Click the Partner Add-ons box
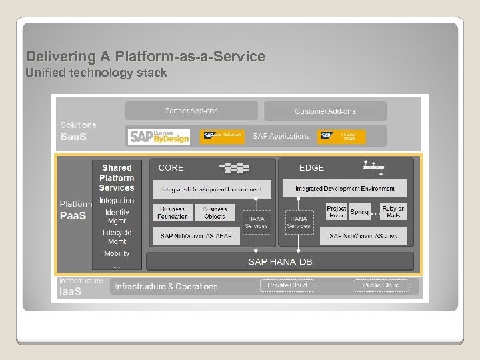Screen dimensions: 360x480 191,111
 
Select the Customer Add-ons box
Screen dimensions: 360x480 325,111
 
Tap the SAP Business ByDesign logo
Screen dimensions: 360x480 159,136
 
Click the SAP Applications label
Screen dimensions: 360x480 281,136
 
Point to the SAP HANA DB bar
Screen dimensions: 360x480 280,261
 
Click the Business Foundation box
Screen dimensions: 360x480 173,213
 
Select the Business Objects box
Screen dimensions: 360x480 214,213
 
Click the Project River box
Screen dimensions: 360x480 337,212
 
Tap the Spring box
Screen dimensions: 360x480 359,212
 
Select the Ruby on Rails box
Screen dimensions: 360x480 393,212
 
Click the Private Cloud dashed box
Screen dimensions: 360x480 287,285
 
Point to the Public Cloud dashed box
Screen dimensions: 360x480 381,285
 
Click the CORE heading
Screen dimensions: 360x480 171,168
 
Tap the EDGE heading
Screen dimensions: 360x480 311,168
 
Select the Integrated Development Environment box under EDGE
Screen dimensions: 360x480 345,189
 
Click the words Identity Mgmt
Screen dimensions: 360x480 117,216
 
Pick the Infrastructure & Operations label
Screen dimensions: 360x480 167,287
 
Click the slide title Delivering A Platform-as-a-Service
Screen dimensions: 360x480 145,57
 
